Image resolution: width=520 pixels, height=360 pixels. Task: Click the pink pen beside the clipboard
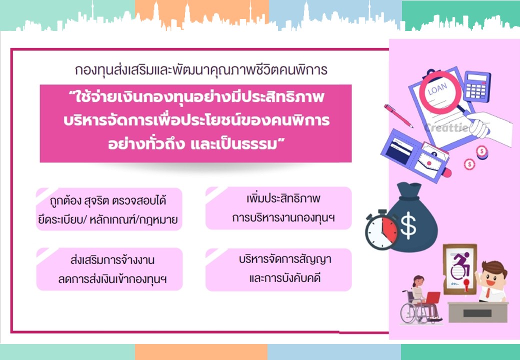click(398, 115)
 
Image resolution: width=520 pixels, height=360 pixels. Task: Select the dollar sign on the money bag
click(408, 225)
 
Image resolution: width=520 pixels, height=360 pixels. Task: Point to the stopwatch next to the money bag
click(381, 229)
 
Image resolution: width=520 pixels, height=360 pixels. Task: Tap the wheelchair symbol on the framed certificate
click(461, 265)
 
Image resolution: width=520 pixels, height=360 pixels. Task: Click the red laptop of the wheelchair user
click(432, 297)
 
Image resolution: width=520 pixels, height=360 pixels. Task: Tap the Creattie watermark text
click(446, 127)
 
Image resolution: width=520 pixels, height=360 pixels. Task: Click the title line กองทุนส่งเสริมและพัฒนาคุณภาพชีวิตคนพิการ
click(201, 70)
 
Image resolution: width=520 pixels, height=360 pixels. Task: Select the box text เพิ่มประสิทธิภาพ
click(283, 198)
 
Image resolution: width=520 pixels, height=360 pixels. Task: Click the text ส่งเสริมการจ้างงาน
click(112, 260)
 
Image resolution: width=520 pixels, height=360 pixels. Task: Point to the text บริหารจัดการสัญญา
click(285, 259)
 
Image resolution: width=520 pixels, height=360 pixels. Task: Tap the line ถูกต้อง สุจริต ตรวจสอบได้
click(108, 200)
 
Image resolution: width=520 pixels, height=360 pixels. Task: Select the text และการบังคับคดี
click(285, 278)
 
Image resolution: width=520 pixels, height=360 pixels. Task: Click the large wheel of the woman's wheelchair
click(411, 313)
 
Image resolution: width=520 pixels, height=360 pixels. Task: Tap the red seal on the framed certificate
click(466, 283)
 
